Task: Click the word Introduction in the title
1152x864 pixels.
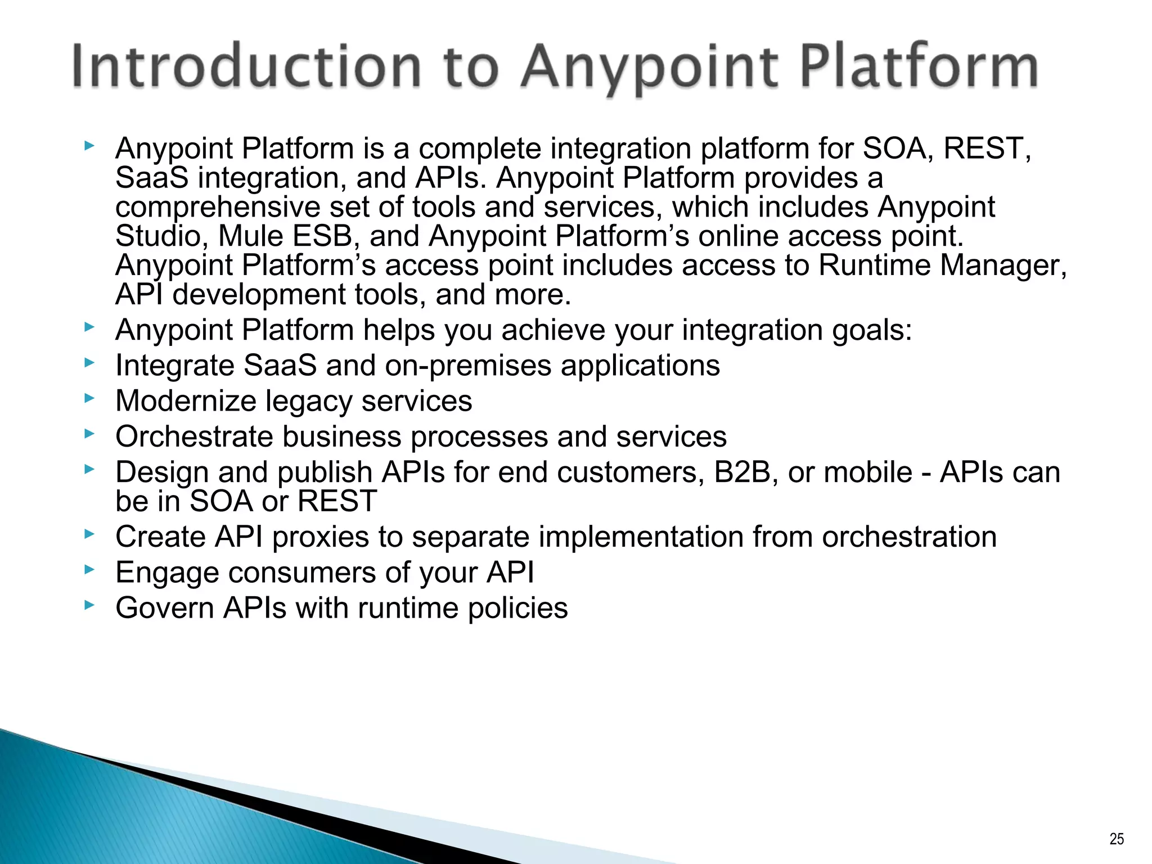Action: (x=246, y=67)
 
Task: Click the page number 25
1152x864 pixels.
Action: (x=1117, y=839)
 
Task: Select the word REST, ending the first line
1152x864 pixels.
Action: (x=987, y=149)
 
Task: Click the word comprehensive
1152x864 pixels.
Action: (x=217, y=208)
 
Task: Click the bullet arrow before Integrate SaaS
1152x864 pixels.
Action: (x=89, y=363)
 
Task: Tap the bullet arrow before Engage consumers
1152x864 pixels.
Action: (x=89, y=570)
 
